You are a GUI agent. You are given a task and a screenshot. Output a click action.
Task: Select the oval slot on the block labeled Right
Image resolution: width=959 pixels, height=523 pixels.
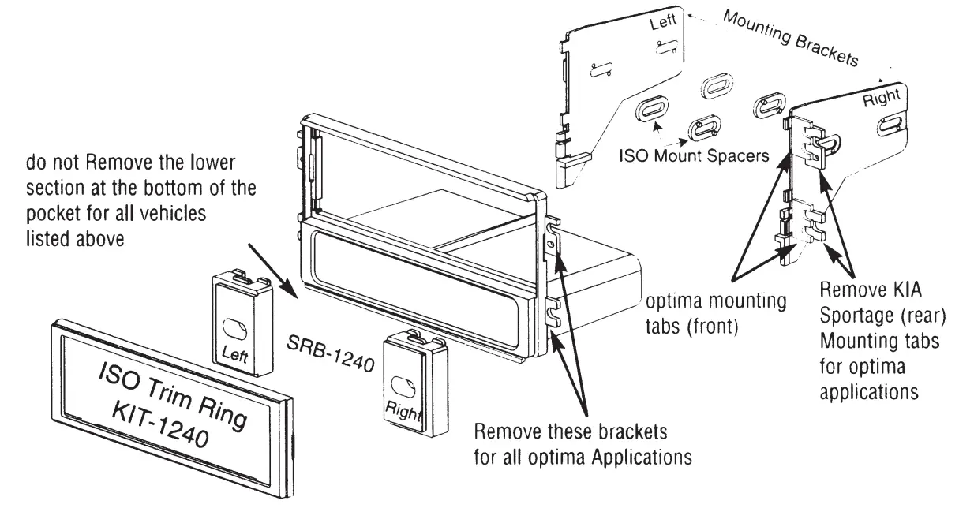point(405,384)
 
